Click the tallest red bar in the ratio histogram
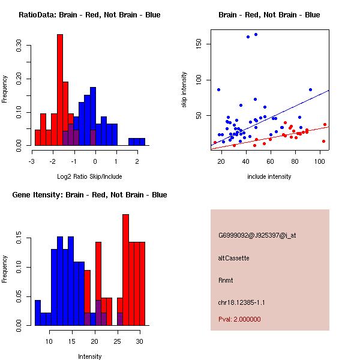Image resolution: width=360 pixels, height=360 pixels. pos(60,90)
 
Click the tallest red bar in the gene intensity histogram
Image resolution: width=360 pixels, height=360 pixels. pos(126,270)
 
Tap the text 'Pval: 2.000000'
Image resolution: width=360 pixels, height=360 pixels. pos(240,319)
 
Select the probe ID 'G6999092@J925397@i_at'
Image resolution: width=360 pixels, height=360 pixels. pos(257,235)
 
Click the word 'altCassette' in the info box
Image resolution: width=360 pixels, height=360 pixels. pos(234,257)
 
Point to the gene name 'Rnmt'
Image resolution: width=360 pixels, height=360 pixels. pos(226,280)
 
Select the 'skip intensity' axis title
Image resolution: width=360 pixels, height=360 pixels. pos(184,90)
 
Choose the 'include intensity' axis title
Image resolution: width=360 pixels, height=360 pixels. pos(269,176)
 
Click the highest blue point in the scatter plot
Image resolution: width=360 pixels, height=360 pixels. pos(256,35)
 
